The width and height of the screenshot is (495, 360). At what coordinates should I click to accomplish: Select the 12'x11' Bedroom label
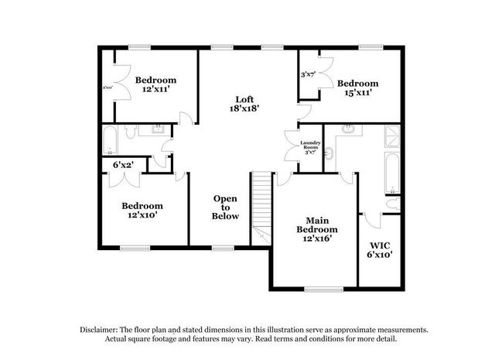[155, 90]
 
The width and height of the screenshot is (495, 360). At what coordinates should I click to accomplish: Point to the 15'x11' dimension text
[357, 93]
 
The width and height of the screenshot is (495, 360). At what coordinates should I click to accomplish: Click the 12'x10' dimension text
[142, 216]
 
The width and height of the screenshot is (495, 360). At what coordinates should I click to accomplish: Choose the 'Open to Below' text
[226, 207]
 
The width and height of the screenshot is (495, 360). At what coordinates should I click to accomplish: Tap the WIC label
[380, 245]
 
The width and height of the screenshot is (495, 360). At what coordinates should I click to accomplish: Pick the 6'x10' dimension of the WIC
[380, 255]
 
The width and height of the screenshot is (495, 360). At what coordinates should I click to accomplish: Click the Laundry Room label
[310, 146]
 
